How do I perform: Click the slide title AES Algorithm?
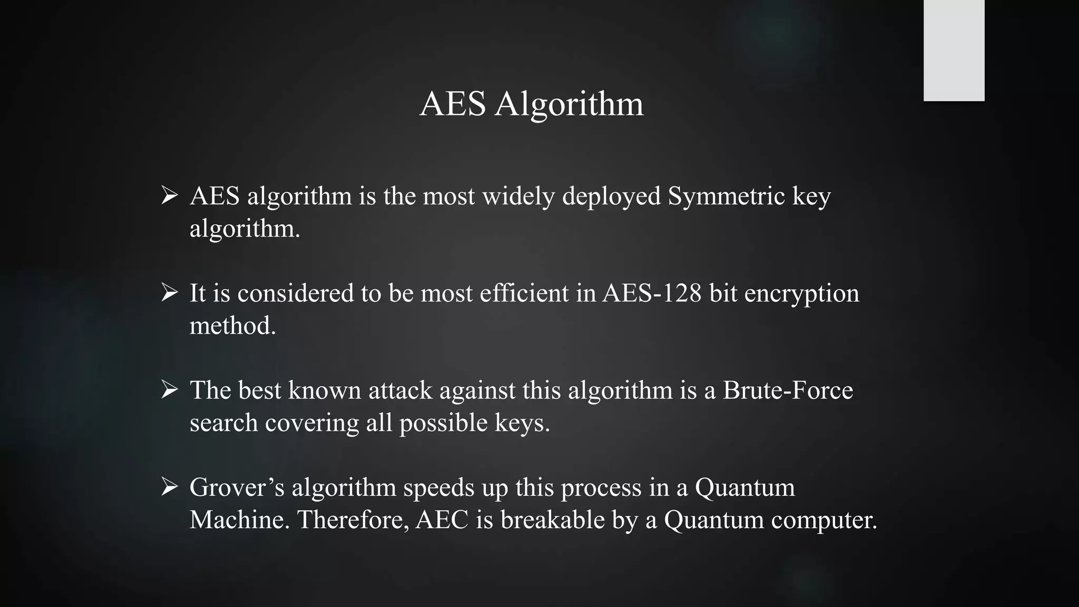point(532,103)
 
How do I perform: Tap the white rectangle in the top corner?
point(954,50)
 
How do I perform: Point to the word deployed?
point(611,197)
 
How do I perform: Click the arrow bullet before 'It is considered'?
point(169,292)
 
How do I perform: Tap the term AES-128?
point(652,293)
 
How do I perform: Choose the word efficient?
point(524,293)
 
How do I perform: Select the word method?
point(232,326)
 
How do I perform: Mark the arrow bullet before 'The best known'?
point(169,389)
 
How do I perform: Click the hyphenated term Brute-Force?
point(788,390)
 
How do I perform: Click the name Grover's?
point(237,487)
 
